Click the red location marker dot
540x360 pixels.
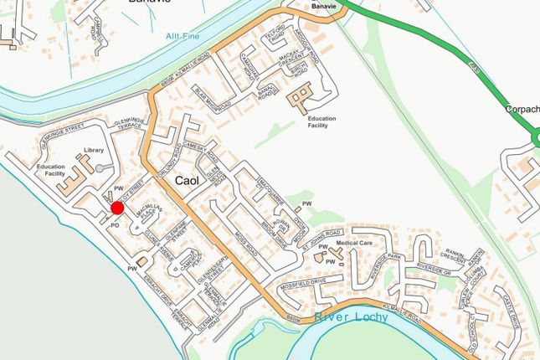point(117,208)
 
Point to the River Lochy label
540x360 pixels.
point(352,317)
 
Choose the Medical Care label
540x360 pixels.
point(353,243)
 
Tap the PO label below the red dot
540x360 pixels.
point(115,224)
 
